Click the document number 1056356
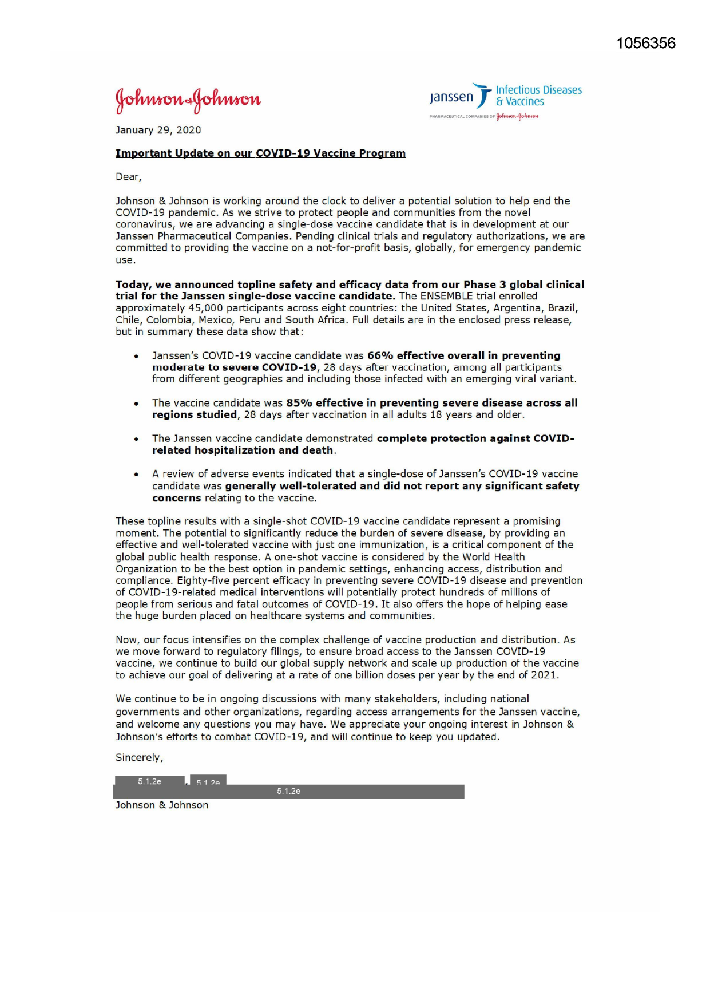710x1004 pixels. pos(646,44)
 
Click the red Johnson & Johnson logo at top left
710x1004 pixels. pos(188,100)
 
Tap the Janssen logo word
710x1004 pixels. pos(452,97)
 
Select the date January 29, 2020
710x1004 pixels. pos(158,130)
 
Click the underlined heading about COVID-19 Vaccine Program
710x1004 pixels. pos(260,153)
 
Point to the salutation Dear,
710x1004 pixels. pos(128,177)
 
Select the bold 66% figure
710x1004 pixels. pos(380,355)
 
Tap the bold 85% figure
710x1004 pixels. pos(299,403)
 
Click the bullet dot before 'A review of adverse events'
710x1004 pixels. pos(136,475)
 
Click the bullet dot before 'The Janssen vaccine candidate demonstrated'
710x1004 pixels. pos(136,439)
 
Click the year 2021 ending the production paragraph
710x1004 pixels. pos(544,675)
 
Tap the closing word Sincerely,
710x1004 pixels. pos(139,757)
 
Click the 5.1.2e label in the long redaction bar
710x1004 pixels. pos(288,792)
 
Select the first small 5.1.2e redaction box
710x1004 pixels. pos(149,781)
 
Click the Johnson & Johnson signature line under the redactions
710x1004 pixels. pos(162,805)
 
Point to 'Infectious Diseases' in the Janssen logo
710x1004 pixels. pos(538,90)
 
